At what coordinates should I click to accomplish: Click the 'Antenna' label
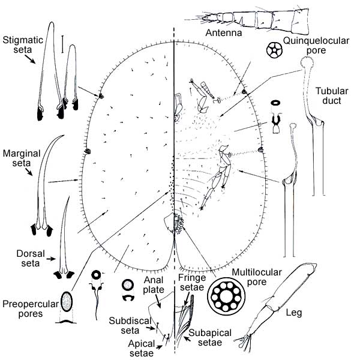click(223, 33)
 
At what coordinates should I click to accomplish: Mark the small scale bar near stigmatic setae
click(62, 42)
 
